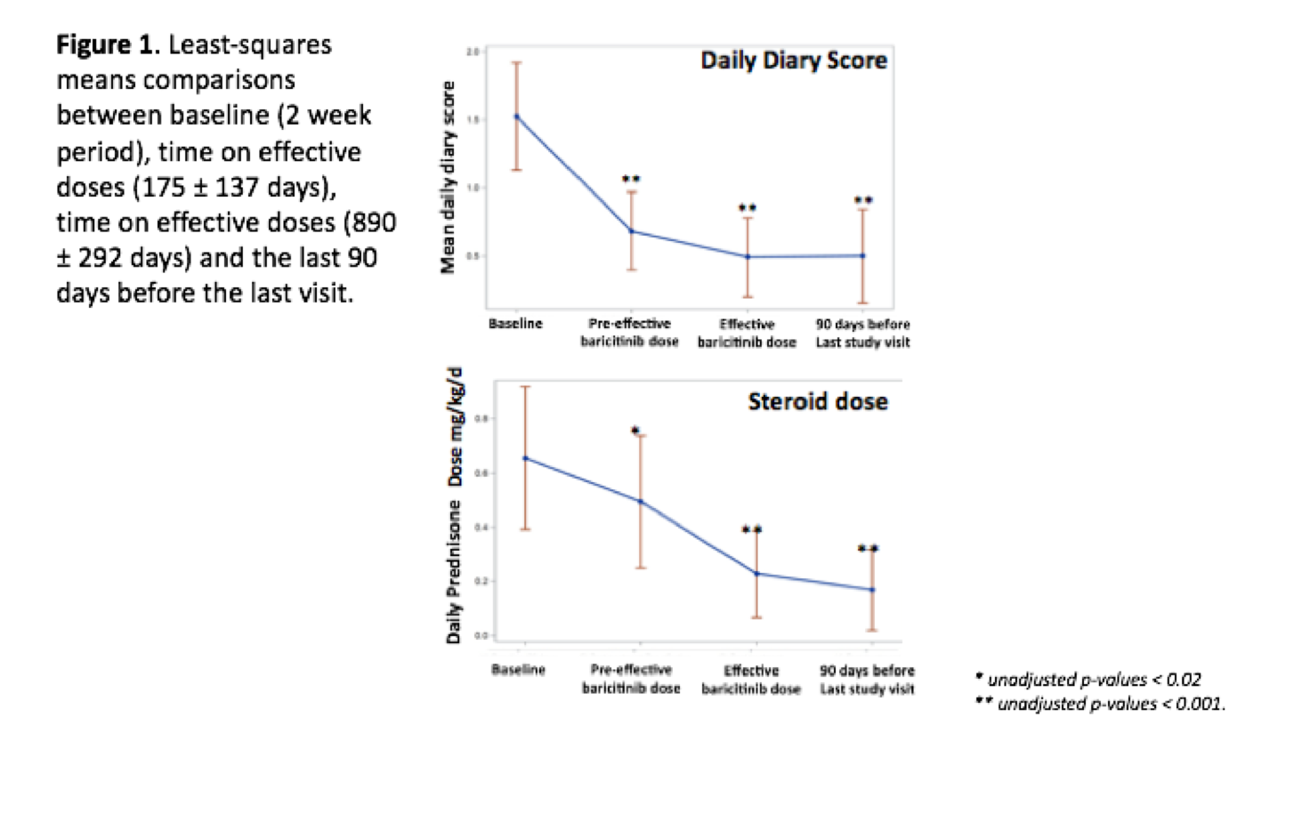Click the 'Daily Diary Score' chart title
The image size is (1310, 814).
click(x=793, y=60)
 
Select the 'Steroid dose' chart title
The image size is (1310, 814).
click(x=817, y=402)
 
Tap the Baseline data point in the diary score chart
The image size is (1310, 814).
click(x=516, y=117)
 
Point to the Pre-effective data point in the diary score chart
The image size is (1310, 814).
click(x=631, y=231)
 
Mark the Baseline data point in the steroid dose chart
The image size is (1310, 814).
click(x=525, y=458)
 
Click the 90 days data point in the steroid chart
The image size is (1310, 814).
click(x=872, y=590)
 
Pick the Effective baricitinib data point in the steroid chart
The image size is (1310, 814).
click(x=756, y=574)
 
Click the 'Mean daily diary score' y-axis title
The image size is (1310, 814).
click(x=448, y=177)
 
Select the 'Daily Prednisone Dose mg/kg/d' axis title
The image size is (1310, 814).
click(x=454, y=504)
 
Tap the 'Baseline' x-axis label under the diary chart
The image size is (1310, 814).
click(x=515, y=324)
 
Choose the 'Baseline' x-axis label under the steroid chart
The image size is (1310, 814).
click(x=518, y=670)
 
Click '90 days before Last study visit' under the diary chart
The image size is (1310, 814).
click(x=862, y=333)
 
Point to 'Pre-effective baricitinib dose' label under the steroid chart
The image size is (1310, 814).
click(x=631, y=679)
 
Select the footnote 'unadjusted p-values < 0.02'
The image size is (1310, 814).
click(x=1094, y=680)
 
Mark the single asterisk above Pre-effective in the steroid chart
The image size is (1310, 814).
click(x=635, y=431)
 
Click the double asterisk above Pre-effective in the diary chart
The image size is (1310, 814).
click(x=631, y=181)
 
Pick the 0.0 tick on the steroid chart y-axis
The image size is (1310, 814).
click(x=481, y=635)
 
